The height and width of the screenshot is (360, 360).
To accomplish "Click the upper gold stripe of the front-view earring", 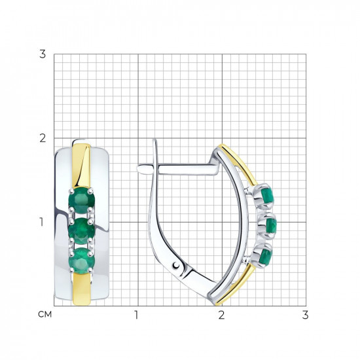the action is [x=81, y=166].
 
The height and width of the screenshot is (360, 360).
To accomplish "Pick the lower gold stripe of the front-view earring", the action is [x=82, y=289].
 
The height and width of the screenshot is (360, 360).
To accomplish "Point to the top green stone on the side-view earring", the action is [x=268, y=195].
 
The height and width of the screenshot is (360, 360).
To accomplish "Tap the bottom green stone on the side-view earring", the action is [x=266, y=257].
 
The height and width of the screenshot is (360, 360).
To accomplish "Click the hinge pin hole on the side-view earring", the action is [x=176, y=265].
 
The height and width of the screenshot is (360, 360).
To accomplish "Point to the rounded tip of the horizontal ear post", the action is [x=139, y=169].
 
